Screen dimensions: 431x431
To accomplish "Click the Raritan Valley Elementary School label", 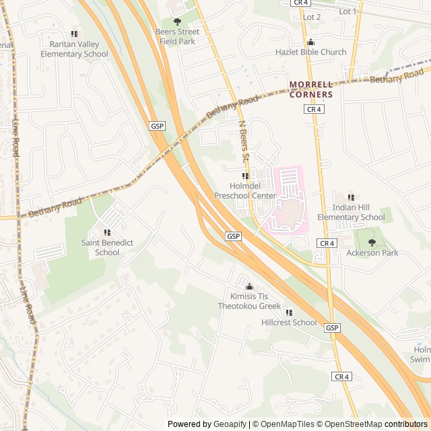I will tap(74, 49).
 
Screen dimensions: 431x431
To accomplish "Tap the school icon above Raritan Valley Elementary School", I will tap(74, 34).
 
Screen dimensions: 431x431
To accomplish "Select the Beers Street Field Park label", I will tap(177, 36).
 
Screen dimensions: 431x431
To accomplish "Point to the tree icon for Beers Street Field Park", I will tap(177, 22).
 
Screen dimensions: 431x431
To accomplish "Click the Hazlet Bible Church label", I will tap(310, 52).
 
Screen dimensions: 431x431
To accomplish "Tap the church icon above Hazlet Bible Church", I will tap(310, 42).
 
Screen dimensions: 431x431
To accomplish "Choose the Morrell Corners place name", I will tap(311, 89).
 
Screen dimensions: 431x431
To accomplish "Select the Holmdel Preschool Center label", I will tap(245, 191).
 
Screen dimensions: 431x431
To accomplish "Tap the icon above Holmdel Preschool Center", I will tap(245, 176).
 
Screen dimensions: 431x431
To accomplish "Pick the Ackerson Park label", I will tap(372, 253).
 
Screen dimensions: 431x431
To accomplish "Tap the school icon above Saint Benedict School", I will tap(107, 233).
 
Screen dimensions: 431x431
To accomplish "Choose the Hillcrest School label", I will tap(289, 323).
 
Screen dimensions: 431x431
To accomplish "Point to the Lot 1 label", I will tap(348, 11).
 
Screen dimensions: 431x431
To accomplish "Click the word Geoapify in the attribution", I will tap(230, 424).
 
